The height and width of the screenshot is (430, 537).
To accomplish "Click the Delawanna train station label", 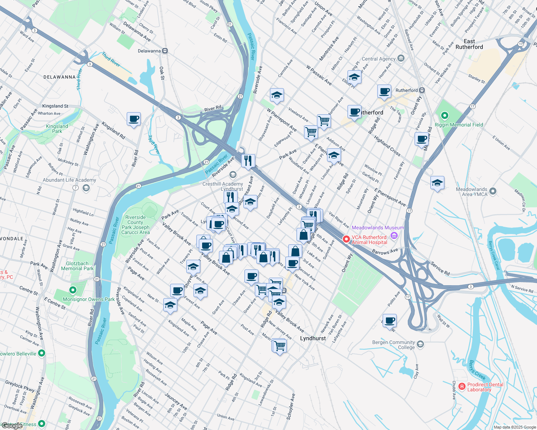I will coord(149,51).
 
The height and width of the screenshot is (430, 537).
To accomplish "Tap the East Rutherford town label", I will coord(469,44).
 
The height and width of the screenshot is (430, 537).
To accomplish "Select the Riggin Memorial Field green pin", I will coord(445,115).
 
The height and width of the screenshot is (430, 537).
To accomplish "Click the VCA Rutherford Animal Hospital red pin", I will coord(346,239).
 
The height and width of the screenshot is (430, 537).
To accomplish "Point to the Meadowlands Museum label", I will coord(378,228).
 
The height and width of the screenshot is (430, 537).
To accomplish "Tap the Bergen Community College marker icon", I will coord(421,344).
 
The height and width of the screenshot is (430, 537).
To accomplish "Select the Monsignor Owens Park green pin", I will coord(73,290).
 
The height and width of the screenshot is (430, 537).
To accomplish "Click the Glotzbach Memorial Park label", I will coord(77,266).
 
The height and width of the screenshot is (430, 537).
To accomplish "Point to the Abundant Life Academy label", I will coord(69,180).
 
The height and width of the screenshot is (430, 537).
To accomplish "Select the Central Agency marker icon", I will coord(401,58).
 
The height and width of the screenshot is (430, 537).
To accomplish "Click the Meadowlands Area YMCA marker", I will coord(492,191).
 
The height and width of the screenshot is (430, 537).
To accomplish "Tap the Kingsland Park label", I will coord(57,129).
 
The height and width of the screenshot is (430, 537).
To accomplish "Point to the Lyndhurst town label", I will coord(313,338).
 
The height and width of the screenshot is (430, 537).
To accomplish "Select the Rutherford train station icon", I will coord(422,90).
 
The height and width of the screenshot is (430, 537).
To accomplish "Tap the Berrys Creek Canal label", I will coord(494,255).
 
